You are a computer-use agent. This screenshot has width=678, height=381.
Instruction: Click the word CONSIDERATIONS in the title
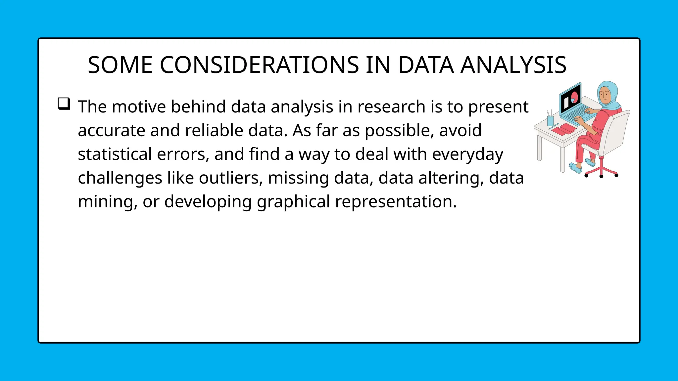(259, 65)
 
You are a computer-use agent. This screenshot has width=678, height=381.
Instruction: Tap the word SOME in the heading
(120, 65)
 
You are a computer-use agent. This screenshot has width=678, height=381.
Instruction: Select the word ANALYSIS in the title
(513, 65)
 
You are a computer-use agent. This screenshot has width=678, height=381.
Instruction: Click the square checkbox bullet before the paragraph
(64, 104)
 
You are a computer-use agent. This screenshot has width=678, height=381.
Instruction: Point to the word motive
(139, 107)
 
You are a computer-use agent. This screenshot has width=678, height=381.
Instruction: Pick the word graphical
(293, 202)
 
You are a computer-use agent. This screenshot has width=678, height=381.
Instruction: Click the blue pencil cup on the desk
(550, 121)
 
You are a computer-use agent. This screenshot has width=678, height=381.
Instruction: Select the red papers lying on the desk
(564, 129)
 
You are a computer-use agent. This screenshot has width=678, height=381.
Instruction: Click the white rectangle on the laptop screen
(566, 103)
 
